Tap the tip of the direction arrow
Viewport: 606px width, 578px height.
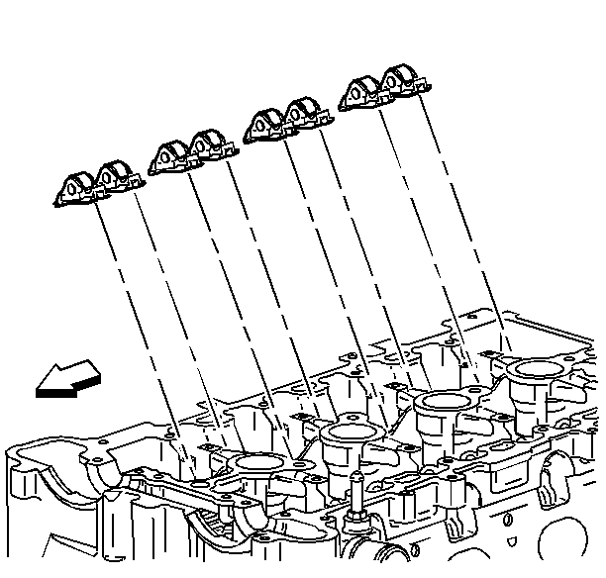pos(38,388)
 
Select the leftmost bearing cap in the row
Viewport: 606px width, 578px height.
pos(75,189)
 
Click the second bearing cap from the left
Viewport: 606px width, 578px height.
pos(117,178)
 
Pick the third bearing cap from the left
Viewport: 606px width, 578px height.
pos(170,156)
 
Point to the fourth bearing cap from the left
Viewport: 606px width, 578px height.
pos(211,146)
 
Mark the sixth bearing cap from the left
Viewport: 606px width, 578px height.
pos(305,115)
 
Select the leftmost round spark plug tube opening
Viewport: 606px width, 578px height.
pos(254,462)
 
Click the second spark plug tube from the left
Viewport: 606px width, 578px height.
pos(344,433)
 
